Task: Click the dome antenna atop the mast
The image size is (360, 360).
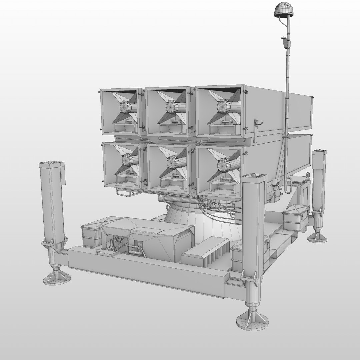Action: (282, 10)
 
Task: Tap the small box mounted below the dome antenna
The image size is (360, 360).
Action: (284, 42)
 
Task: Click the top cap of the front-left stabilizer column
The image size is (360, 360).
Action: (52, 164)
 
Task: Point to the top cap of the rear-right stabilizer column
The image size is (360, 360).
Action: (319, 152)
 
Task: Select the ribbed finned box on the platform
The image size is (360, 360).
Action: (206, 252)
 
